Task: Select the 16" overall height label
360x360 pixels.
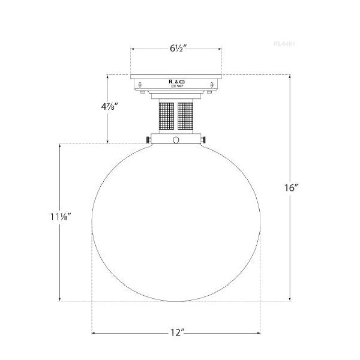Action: [291, 187]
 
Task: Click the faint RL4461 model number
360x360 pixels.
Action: [284, 44]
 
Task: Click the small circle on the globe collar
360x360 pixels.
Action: [176, 140]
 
